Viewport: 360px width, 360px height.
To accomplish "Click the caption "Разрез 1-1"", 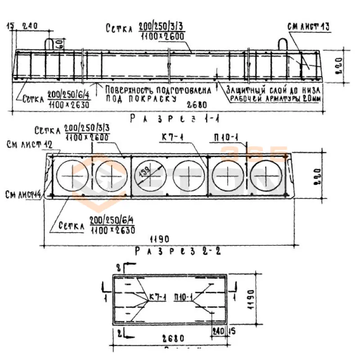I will (175, 118).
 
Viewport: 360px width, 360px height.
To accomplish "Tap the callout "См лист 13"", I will (309, 27).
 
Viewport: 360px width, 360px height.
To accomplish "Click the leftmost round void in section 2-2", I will (73, 175).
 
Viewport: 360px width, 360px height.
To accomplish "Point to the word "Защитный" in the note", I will (246, 90).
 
